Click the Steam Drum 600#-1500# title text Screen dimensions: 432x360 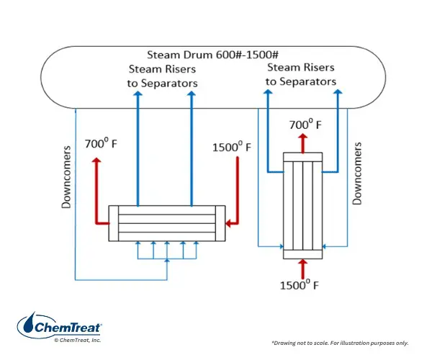pos(212,55)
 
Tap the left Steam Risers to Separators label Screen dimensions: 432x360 pos(162,76)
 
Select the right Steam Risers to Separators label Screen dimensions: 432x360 pos(301,74)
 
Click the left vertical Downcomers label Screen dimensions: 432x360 pos(66,177)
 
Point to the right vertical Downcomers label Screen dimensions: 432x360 pos(357,174)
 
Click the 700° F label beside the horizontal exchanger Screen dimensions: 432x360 pos(101,143)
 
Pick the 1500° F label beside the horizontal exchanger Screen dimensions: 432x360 pos(232,147)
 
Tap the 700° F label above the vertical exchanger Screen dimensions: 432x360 pos(305,125)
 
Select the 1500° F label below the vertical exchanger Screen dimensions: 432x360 pos(300,285)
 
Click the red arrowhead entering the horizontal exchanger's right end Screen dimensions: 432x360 pos(228,223)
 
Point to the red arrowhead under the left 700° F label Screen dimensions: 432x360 pos(96,160)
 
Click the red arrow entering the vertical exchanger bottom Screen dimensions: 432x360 pos(303,269)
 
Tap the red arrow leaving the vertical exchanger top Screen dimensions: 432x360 pos(303,143)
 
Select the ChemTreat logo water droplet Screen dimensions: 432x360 pos(29,323)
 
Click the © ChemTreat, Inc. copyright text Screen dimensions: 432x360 pos(78,340)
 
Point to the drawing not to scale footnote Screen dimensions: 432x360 pos(340,343)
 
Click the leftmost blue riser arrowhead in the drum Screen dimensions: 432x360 pos(138,94)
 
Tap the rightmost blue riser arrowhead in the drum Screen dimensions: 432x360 pos(338,91)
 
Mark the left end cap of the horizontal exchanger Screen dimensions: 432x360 pos(114,223)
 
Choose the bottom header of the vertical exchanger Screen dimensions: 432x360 pos(303,254)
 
